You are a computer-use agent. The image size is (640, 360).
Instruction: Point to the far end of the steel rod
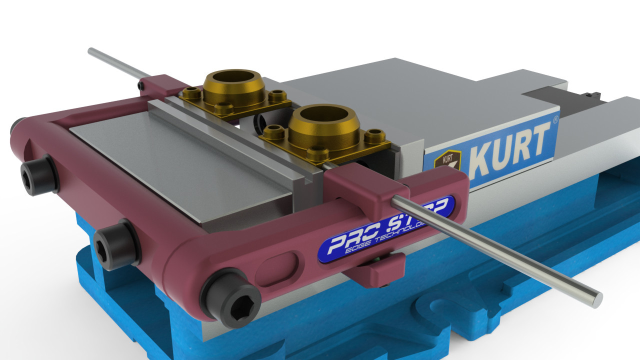coord(90,50)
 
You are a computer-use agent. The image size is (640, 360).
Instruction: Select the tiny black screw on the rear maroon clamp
coord(142,87)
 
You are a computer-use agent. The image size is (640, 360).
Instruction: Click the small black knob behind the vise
coord(594,93)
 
